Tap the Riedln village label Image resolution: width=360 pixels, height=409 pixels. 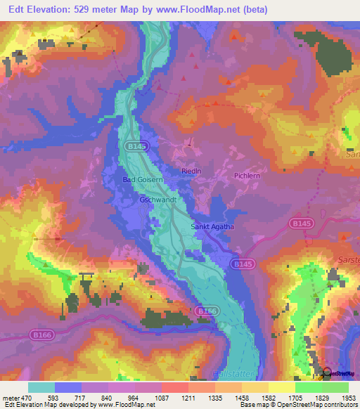pyautogui.click(x=191, y=170)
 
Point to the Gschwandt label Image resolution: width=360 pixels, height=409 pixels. pyautogui.click(x=157, y=200)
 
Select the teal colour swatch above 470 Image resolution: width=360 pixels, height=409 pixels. pyautogui.click(x=41, y=387)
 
